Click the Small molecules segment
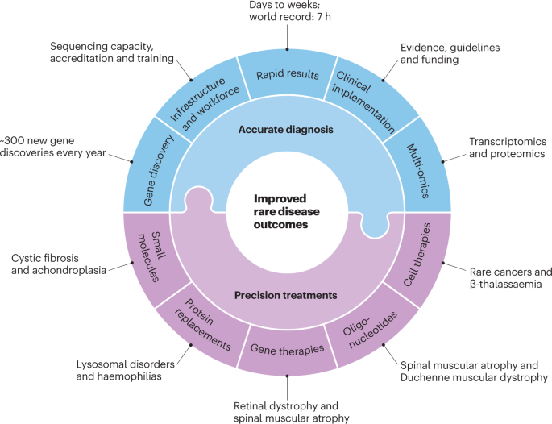click(148, 256)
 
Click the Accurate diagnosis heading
click(276, 129)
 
